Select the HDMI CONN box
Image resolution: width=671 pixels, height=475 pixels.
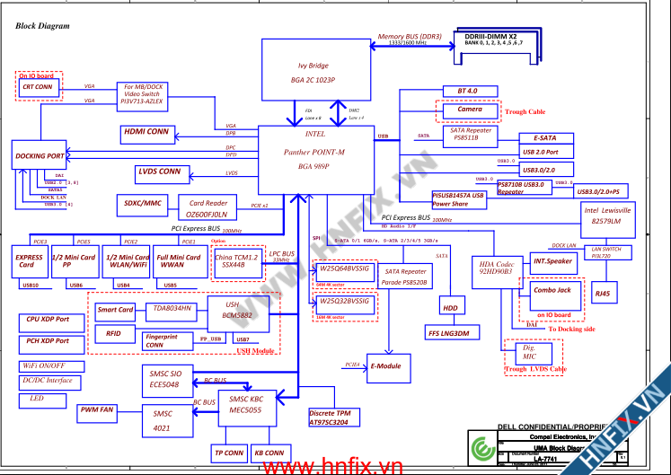[x=146, y=132]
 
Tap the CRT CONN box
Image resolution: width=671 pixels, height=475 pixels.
[x=38, y=88]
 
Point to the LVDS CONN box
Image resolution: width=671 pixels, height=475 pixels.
[x=160, y=171]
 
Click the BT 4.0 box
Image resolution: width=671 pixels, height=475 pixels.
[x=467, y=92]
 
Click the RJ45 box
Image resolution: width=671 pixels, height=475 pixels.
[x=602, y=293]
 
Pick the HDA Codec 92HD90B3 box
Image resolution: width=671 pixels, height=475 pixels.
[x=492, y=272]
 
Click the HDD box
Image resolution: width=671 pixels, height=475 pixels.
[x=449, y=308]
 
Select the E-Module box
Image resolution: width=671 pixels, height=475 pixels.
[x=388, y=366]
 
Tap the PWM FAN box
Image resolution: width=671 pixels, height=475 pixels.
[x=96, y=410]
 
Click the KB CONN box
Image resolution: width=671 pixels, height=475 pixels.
[x=269, y=453]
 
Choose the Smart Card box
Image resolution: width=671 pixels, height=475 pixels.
[x=115, y=310]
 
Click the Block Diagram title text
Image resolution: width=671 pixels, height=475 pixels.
[x=42, y=26]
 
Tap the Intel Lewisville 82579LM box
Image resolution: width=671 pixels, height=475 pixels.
[x=608, y=216]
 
